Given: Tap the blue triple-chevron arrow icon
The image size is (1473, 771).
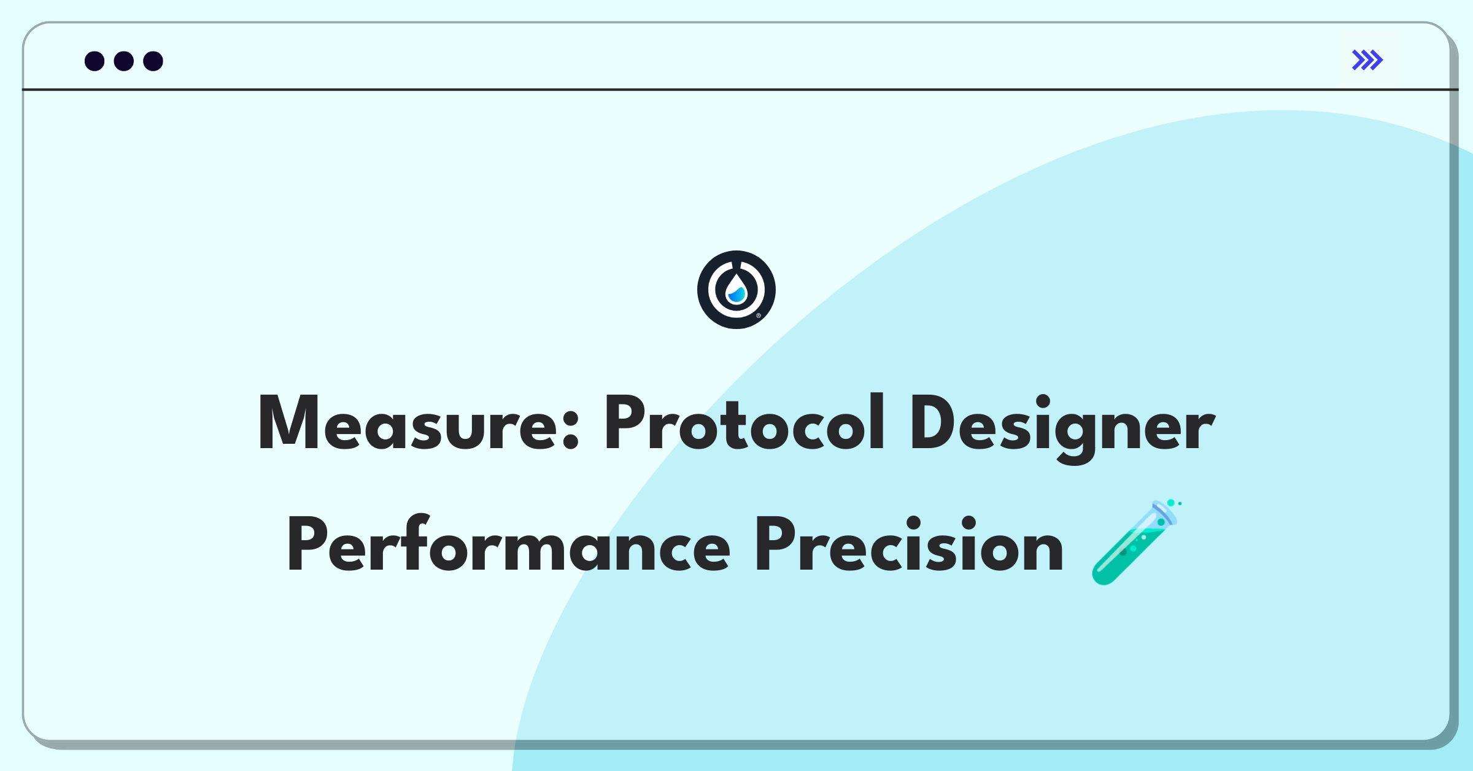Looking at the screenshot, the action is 1367,60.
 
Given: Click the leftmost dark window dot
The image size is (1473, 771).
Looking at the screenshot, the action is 95,61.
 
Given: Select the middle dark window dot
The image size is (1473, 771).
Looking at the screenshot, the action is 124,61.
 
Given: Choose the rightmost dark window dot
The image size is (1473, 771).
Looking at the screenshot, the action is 153,61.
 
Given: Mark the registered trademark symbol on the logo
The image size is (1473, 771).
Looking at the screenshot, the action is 759,316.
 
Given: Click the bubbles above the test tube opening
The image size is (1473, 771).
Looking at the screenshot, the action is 1174,503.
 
